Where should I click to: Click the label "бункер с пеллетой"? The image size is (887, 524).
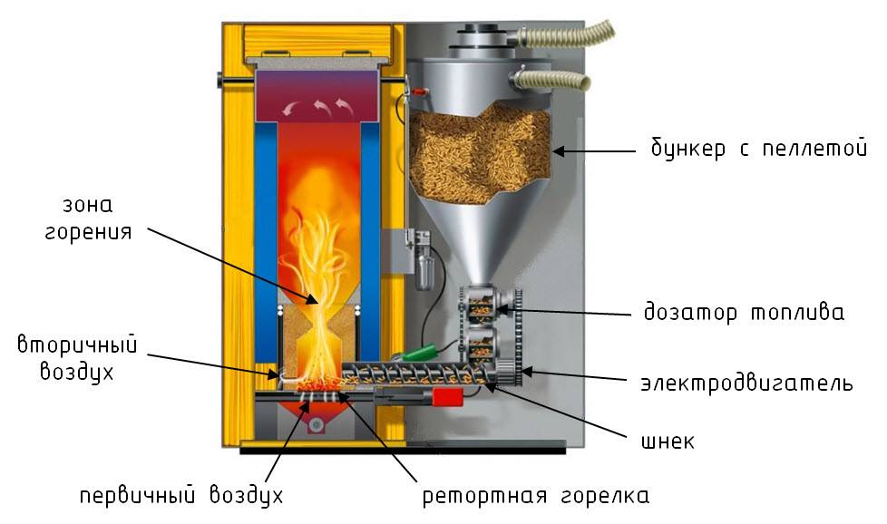[x=758, y=149]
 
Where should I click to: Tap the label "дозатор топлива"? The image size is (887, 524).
[x=744, y=312]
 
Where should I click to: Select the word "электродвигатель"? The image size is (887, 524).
[x=746, y=383]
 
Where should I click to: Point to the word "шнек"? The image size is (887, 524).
[x=668, y=441]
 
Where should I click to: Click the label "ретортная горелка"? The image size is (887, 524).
[x=536, y=496]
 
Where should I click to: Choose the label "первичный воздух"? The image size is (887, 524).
[x=181, y=495]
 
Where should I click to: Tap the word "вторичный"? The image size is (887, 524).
[x=77, y=344]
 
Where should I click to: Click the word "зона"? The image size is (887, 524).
[x=88, y=205]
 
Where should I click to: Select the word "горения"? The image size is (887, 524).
[x=88, y=233]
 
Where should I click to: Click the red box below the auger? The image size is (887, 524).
[x=447, y=397]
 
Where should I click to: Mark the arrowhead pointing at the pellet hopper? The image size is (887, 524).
[x=560, y=150]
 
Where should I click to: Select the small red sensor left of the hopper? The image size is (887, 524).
[x=419, y=91]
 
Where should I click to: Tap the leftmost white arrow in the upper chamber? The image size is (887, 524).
[x=292, y=107]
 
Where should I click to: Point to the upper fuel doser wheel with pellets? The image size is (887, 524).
[x=482, y=306]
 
